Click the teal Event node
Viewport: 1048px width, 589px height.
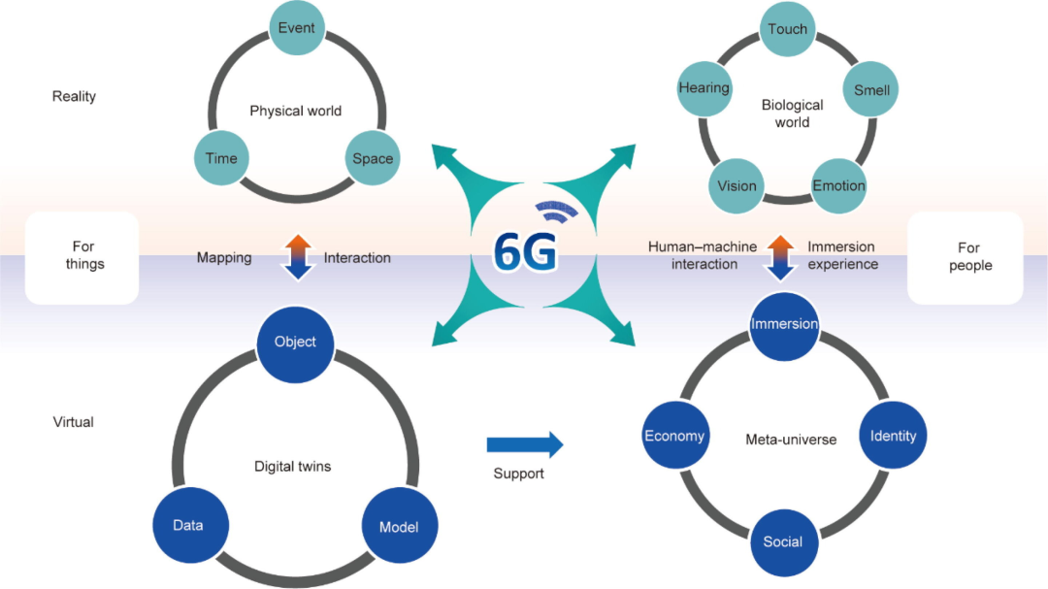pos(296,28)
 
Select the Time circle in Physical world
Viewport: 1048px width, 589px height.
pos(221,158)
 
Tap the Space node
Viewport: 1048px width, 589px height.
pos(373,158)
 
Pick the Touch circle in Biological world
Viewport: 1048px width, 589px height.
pos(787,29)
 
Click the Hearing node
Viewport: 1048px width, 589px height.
pos(704,88)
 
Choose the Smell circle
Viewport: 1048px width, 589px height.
pos(870,91)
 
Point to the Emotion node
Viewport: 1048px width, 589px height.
pos(838,185)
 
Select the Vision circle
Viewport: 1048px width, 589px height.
pos(737,186)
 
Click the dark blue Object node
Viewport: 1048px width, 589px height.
pos(295,342)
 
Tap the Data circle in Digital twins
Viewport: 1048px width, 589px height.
pos(188,525)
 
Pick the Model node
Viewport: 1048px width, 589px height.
pos(399,527)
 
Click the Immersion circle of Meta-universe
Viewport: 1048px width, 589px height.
pos(784,324)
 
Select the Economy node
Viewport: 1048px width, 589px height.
pos(674,436)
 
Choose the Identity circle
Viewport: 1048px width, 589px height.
pos(893,436)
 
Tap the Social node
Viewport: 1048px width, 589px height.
pos(783,541)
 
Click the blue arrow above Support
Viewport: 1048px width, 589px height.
pos(524,445)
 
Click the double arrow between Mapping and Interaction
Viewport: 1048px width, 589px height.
pos(299,257)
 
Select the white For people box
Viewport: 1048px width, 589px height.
pos(965,257)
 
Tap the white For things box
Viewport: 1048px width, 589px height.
pos(82,257)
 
